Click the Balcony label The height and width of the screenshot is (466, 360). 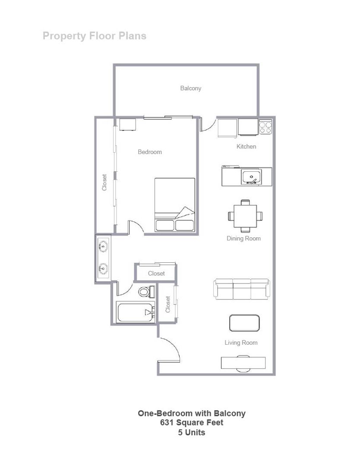pos(190,88)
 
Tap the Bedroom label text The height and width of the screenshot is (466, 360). pos(150,152)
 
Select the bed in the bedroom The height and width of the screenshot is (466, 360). pos(175,205)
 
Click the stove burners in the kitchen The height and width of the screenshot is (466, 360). pos(265,127)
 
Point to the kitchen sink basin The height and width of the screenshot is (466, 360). pos(251,177)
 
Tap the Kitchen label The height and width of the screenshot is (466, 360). pos(246,147)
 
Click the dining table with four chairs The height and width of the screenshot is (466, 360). pos(245,215)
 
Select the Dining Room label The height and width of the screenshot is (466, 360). pos(243,238)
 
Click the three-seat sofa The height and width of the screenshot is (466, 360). pos(242,289)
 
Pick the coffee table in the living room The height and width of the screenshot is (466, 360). pos(244,323)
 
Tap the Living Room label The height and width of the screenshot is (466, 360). pos(241,343)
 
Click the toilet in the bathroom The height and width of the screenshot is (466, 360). pos(145,292)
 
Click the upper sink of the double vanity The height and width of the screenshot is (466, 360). pos(103,247)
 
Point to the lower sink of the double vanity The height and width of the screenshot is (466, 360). pos(103,268)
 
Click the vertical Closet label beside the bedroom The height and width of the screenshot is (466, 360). pos(104,183)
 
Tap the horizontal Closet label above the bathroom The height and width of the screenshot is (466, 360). pos(156,274)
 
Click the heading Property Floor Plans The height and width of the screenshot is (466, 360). pos(95,36)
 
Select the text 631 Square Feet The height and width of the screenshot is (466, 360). pos(192,423)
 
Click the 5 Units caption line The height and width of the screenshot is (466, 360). pos(192,432)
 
